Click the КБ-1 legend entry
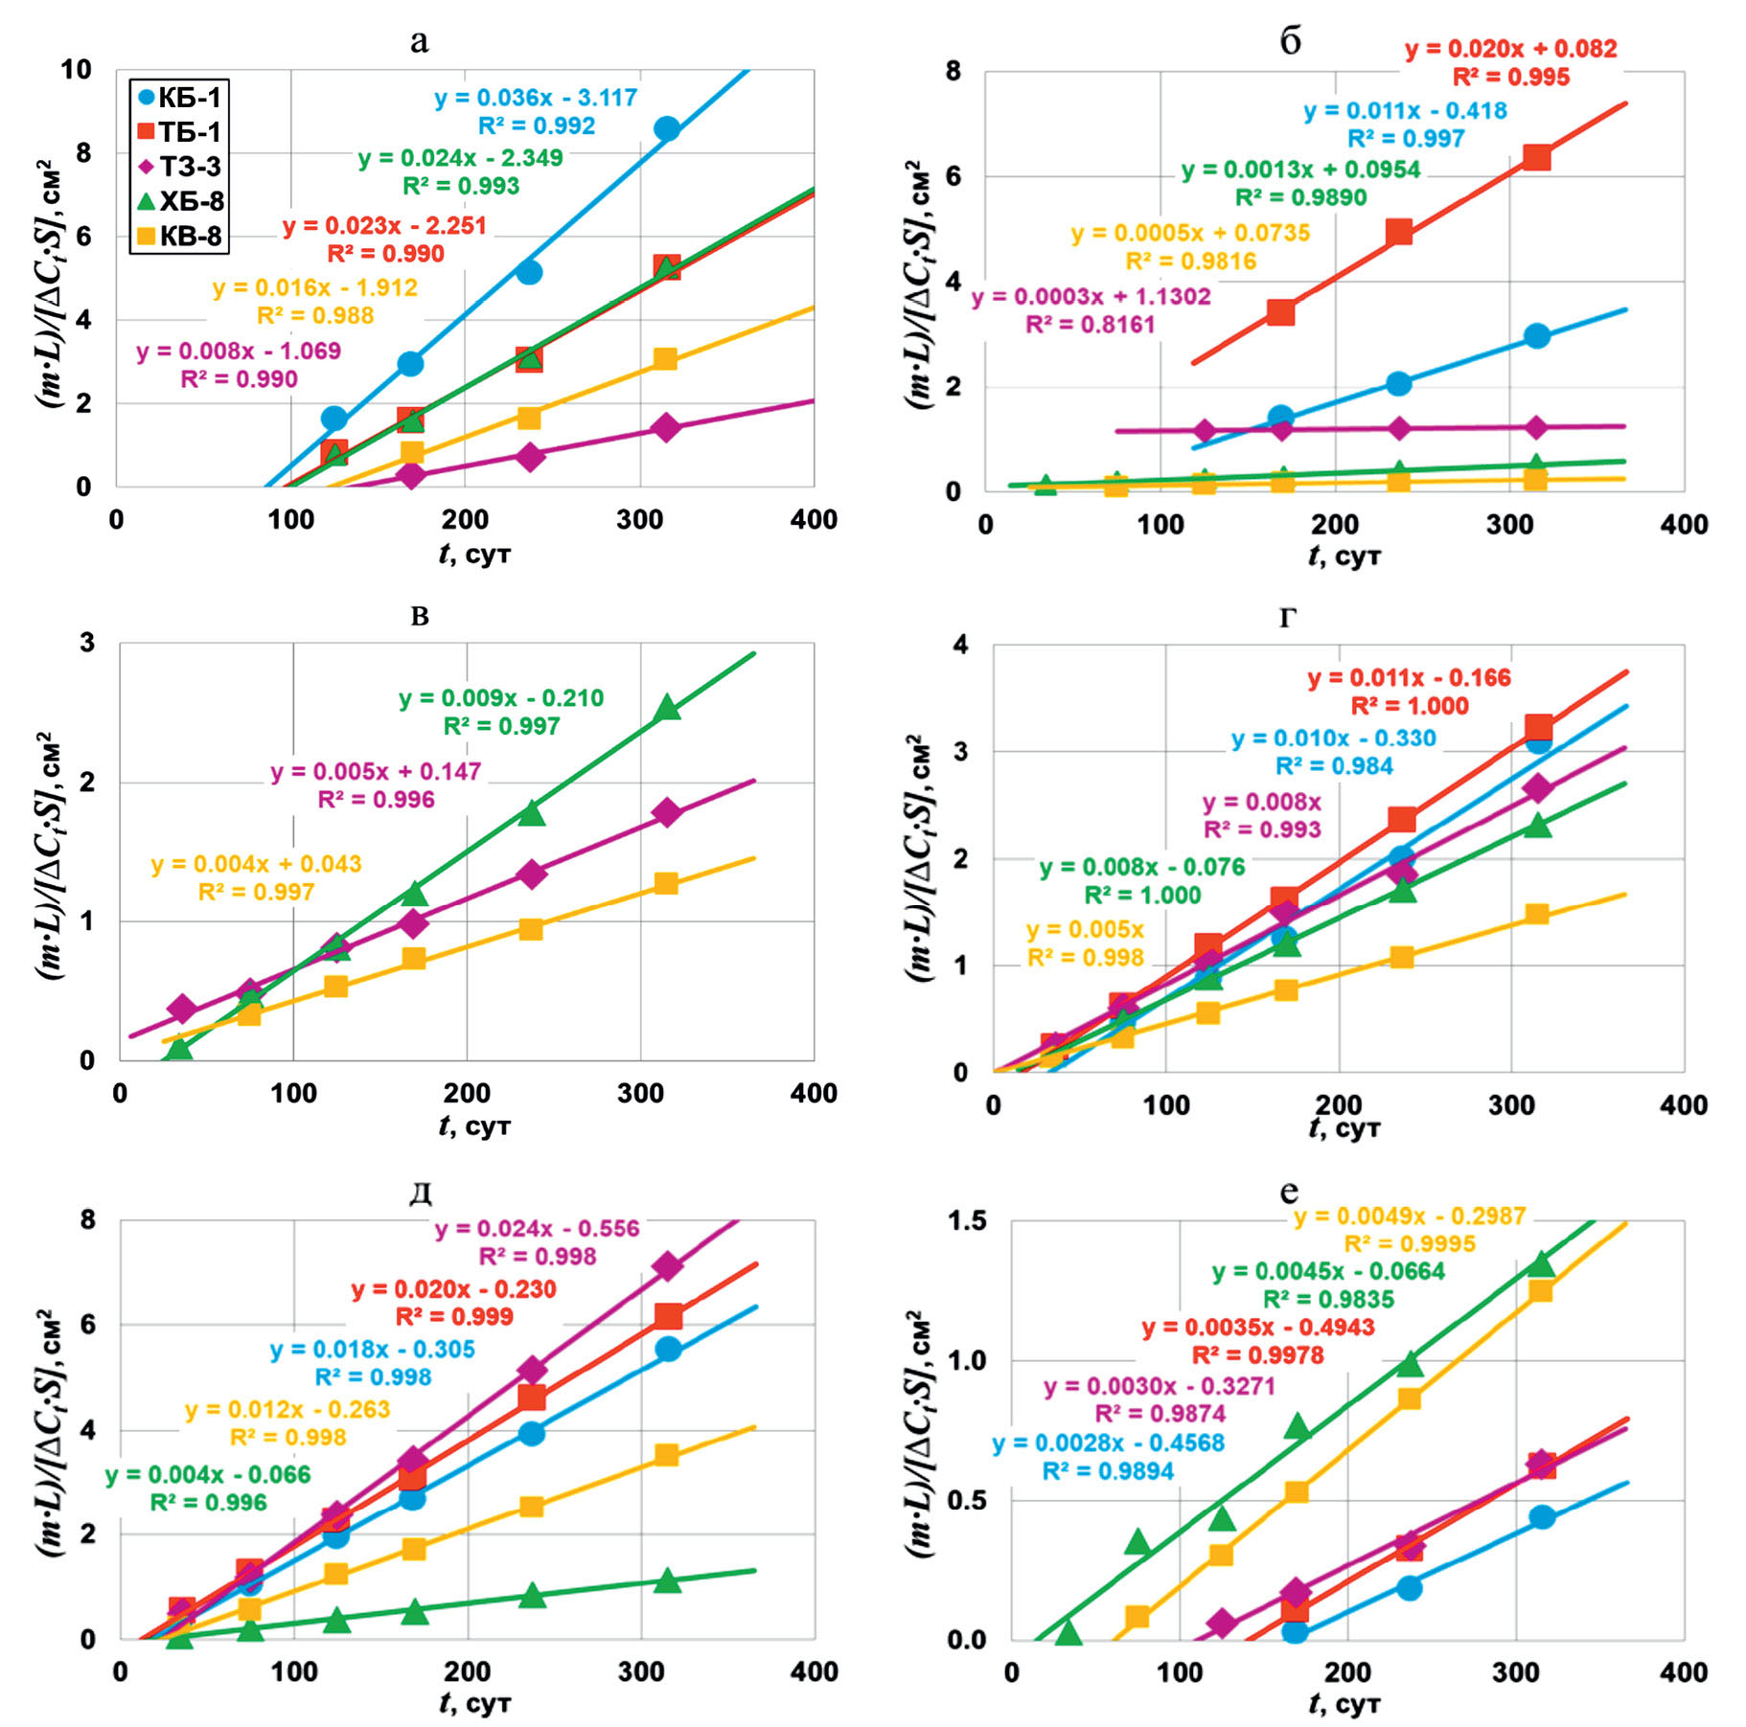179,98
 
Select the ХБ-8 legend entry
179,201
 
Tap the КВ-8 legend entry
179,236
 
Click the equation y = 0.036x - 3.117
536,98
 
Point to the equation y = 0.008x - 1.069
239,352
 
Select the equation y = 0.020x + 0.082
1511,49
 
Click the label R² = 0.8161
1091,325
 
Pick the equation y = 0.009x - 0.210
501,698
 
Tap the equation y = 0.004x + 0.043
256,864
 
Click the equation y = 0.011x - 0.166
1409,678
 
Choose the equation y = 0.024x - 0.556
537,1229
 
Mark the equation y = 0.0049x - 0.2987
1410,1216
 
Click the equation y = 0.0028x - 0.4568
1108,1443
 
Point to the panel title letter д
420,1193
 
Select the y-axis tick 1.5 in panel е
966,1221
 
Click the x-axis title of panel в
474,1125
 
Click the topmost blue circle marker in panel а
667,129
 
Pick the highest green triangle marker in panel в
668,709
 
